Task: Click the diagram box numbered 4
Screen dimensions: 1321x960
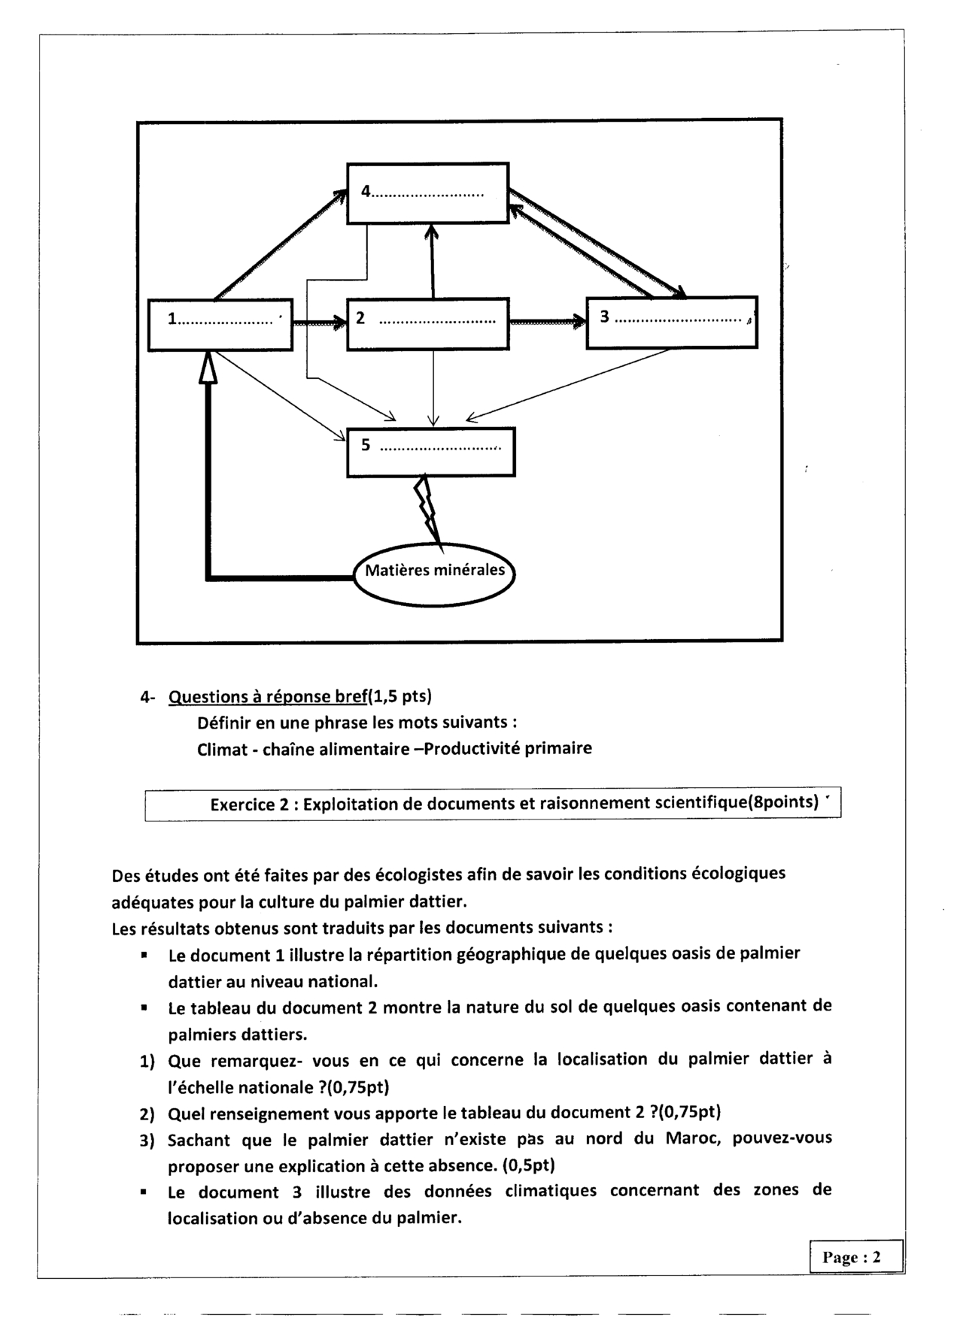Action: coord(427,193)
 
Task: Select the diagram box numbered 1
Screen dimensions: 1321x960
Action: coord(220,325)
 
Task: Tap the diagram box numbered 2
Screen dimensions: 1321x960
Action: coord(427,324)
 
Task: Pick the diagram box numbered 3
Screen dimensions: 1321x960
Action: coord(671,323)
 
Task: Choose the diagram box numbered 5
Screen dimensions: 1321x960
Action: coord(430,452)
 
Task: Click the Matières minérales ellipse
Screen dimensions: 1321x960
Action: coord(434,571)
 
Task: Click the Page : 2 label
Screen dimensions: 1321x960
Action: coord(855,1257)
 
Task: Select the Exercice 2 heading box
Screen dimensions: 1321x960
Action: coord(493,804)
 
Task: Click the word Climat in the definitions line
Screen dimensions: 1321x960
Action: coord(222,750)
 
